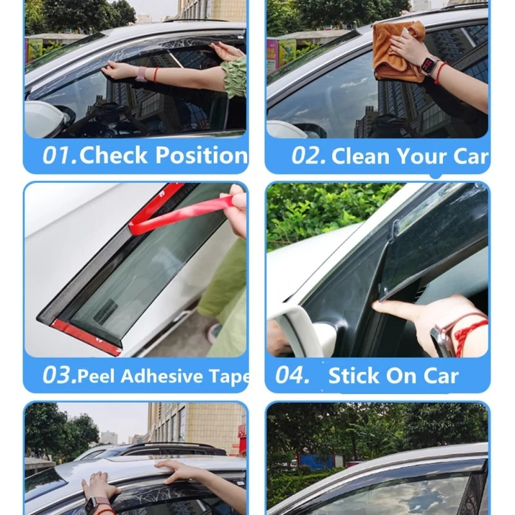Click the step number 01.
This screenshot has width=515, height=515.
[x=59, y=155]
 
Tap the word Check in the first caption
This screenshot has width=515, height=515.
[x=113, y=154]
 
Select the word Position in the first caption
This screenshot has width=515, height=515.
[x=201, y=154]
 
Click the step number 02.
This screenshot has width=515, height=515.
[x=308, y=155]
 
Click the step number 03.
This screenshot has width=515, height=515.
[x=59, y=375]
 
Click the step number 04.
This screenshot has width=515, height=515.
[x=293, y=375]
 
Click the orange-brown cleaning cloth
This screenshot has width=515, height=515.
[x=393, y=53]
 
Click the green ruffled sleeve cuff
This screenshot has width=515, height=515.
[x=234, y=77]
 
